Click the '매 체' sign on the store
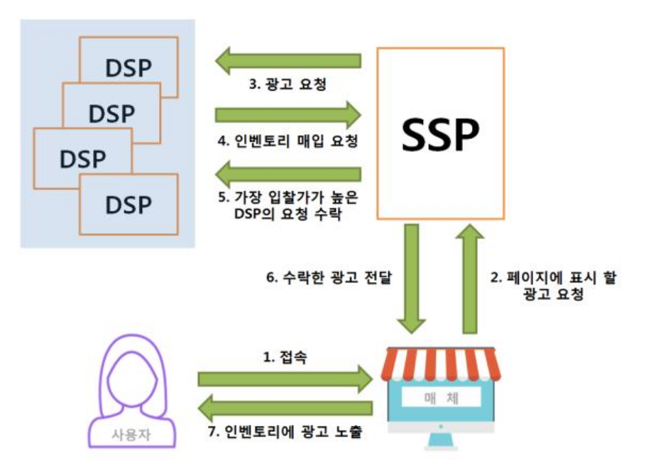click(x=439, y=397)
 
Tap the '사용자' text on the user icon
click(x=132, y=432)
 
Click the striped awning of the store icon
click(x=440, y=364)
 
